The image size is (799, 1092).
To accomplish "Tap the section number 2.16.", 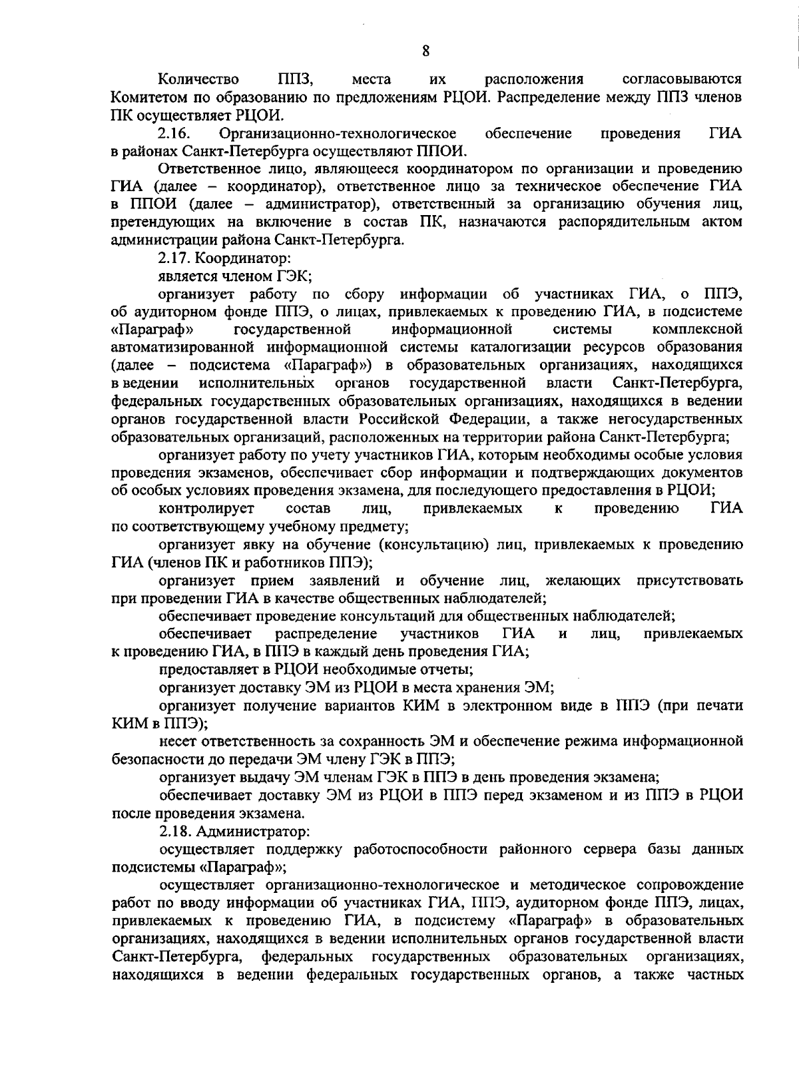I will (174, 135).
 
